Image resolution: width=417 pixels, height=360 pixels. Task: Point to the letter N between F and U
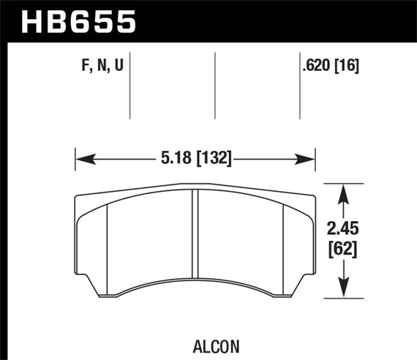[x=96, y=67]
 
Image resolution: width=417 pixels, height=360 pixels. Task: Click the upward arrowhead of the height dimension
[x=343, y=192]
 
